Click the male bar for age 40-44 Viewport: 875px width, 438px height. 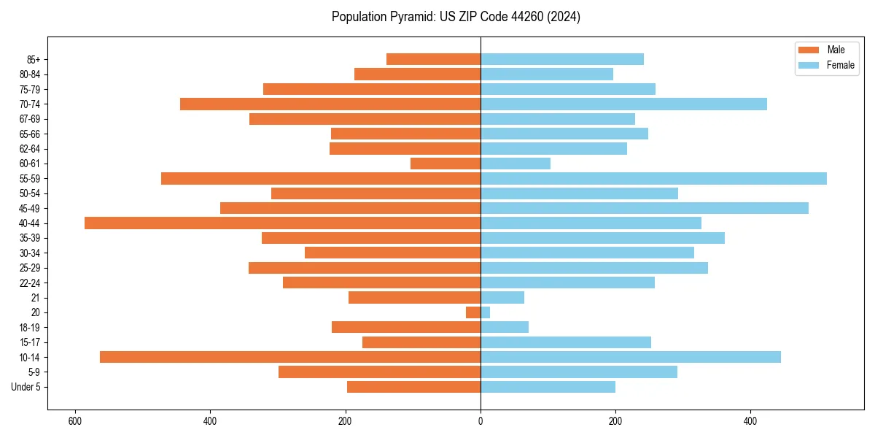coord(282,223)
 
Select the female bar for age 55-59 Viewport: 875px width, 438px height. coord(653,179)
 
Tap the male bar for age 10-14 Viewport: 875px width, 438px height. coord(290,357)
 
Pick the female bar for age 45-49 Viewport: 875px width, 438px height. coord(645,208)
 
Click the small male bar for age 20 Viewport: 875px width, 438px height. coord(473,312)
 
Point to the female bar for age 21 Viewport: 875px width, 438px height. coord(502,298)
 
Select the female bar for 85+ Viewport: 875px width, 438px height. coord(562,59)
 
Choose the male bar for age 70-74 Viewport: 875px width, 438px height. coord(330,104)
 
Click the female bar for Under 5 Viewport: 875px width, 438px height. coord(548,387)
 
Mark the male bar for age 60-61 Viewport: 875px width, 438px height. coord(446,164)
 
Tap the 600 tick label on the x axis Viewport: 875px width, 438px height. coord(74,421)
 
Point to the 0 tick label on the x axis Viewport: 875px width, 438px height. coord(481,421)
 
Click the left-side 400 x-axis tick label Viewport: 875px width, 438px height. coord(210,421)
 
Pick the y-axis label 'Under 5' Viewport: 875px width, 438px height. coord(26,387)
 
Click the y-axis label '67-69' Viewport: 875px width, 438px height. coord(30,119)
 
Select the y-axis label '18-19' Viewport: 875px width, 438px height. coord(30,328)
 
